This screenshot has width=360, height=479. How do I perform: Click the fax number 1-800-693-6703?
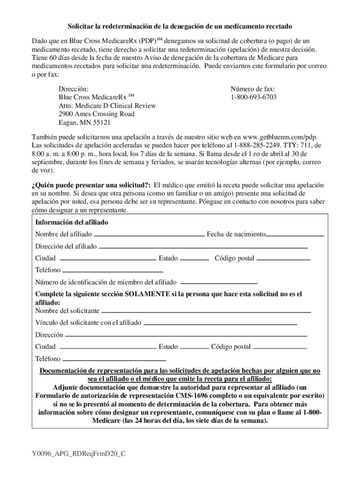(253, 97)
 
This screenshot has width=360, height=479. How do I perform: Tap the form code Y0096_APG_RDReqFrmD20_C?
(79, 454)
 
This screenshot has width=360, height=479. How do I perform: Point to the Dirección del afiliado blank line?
(203, 247)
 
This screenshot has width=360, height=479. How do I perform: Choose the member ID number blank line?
(219, 283)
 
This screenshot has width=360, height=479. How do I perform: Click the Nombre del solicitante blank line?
(206, 312)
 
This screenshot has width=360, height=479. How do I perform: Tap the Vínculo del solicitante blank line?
(220, 323)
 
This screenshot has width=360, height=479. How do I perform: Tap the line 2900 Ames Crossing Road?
(96, 114)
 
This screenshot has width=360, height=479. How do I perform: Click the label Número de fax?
(253, 88)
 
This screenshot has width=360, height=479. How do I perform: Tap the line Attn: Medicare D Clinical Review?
(107, 106)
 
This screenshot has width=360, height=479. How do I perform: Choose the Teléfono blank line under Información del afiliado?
(113, 271)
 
